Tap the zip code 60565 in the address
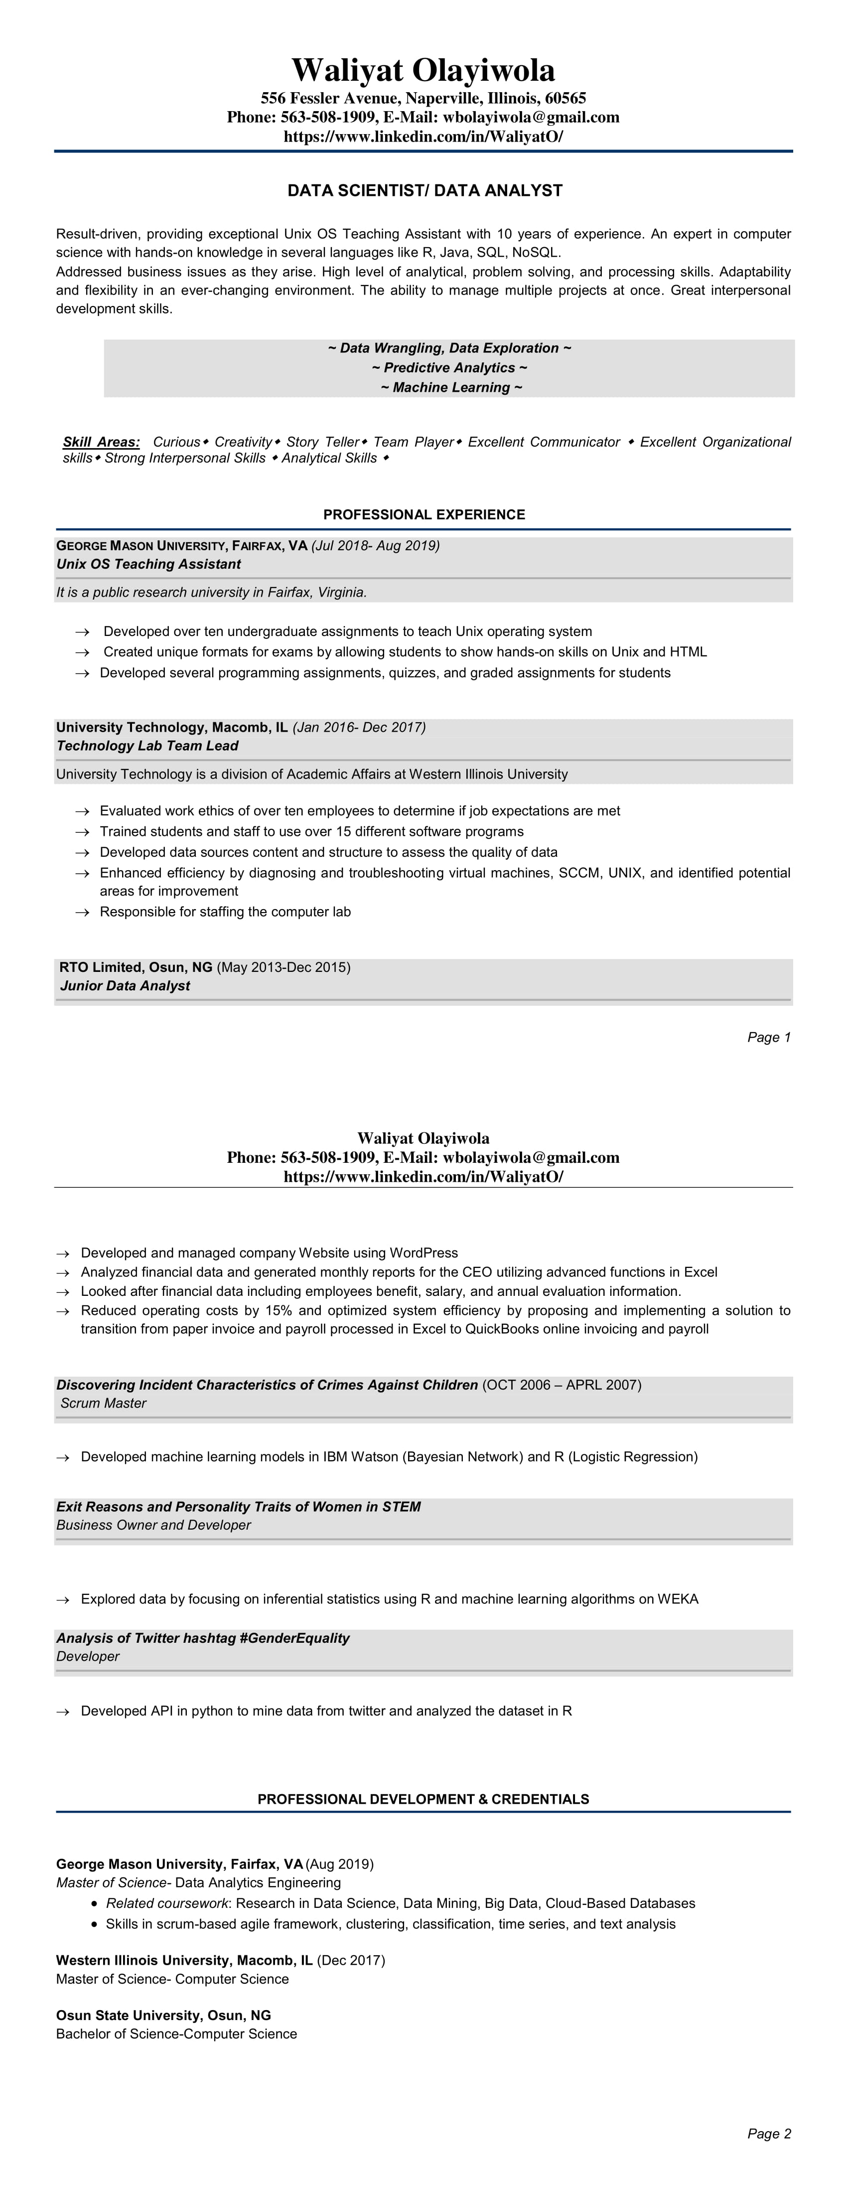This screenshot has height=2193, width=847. point(565,98)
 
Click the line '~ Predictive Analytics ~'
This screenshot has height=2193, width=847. point(449,368)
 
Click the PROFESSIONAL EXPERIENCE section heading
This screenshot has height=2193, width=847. point(424,514)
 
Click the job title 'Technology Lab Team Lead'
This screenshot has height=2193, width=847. point(147,746)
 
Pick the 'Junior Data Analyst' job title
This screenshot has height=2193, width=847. point(125,986)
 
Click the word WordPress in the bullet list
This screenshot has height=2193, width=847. point(424,1253)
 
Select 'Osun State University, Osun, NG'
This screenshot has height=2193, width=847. point(163,2015)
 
